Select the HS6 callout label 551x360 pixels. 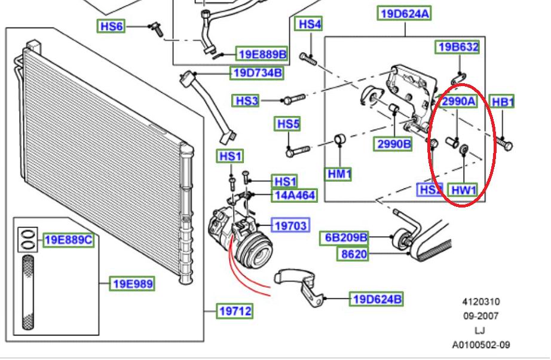coord(111,26)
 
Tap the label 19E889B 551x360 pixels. coord(262,54)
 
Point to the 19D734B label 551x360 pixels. coord(257,74)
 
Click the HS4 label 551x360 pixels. coord(310,25)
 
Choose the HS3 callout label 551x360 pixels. coord(247,101)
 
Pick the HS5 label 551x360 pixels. coord(287,124)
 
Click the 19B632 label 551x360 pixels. coord(458,47)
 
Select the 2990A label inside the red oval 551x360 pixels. coord(458,102)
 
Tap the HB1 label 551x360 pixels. coord(502,102)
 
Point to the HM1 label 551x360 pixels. coord(338,174)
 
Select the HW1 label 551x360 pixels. coord(463,191)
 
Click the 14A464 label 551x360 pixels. coord(295,195)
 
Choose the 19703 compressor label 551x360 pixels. coord(290,225)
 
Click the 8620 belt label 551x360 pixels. coord(353,254)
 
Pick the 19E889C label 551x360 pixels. coord(68,240)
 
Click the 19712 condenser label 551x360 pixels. coord(235,311)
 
